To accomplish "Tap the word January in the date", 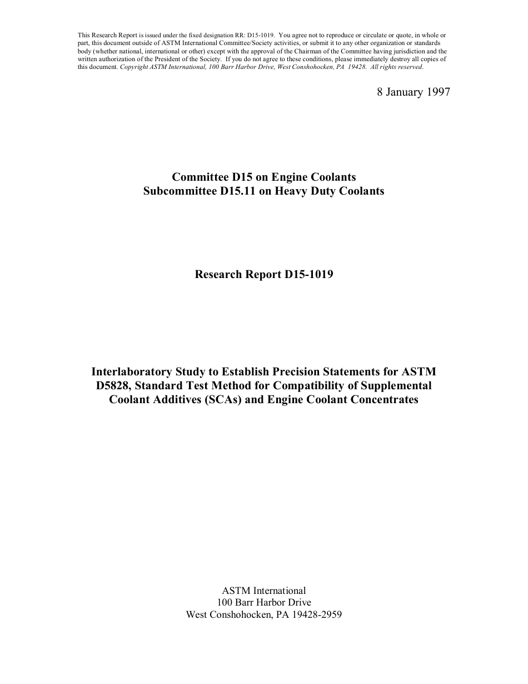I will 406,92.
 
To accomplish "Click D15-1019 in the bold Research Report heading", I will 308,274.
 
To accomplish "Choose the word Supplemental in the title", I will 397,385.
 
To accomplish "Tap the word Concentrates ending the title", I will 385,400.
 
